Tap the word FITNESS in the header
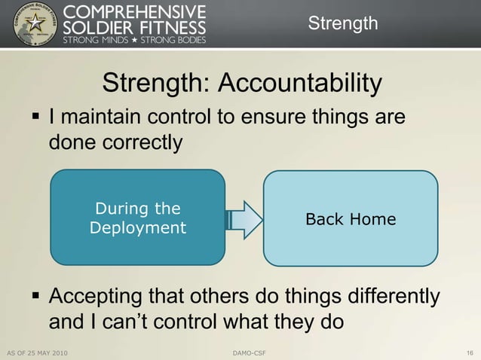coord(170,26)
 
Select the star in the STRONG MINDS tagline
coord(133,39)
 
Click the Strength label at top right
coord(343,23)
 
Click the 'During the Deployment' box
coord(137,218)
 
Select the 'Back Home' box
coord(350,219)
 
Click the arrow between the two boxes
coord(244,218)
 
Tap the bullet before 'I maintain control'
coord(34,118)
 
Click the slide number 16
coord(470,352)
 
